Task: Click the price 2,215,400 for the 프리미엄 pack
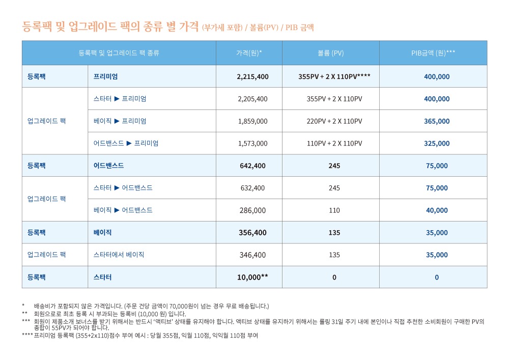(x=252, y=76)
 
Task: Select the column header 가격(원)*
(x=249, y=53)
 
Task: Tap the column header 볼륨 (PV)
(x=330, y=53)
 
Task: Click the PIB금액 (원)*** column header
(x=433, y=53)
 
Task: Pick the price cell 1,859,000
(x=252, y=121)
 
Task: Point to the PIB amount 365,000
(x=437, y=121)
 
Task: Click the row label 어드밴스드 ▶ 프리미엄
(x=126, y=143)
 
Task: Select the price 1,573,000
(x=252, y=144)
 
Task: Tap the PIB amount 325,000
(x=437, y=144)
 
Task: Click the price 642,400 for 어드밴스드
(x=252, y=165)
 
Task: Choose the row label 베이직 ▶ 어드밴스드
(x=123, y=210)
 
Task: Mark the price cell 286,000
(x=252, y=210)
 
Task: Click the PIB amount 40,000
(x=437, y=210)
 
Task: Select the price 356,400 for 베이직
(x=252, y=233)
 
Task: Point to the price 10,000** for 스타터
(x=252, y=277)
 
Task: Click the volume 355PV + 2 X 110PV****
(x=334, y=76)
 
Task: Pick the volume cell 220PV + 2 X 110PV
(x=334, y=121)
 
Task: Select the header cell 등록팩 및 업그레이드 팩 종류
(x=119, y=53)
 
